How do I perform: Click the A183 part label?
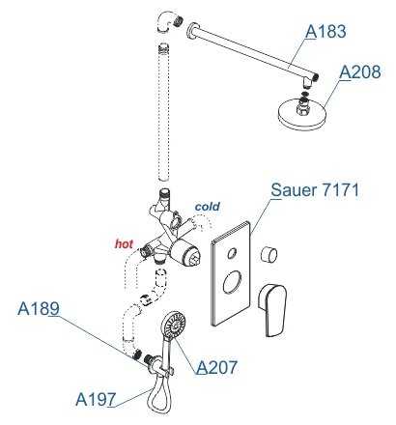pyautogui.click(x=325, y=31)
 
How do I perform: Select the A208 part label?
pyautogui.click(x=360, y=71)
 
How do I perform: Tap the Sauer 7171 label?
pyautogui.click(x=315, y=190)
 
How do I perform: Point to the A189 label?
pyautogui.click(x=39, y=308)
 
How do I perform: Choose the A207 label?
pyautogui.click(x=216, y=367)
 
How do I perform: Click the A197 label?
pyautogui.click(x=96, y=400)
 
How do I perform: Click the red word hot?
pyautogui.click(x=124, y=243)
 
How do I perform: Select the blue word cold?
pyautogui.click(x=208, y=207)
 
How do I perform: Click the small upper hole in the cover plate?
pyautogui.click(x=232, y=253)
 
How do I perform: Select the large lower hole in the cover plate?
pyautogui.click(x=232, y=282)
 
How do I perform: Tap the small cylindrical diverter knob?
pyautogui.click(x=269, y=254)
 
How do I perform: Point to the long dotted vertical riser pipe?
pyautogui.click(x=164, y=113)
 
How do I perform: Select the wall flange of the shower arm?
pyautogui.click(x=190, y=31)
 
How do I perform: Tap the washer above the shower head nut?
pyautogui.click(x=304, y=95)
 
